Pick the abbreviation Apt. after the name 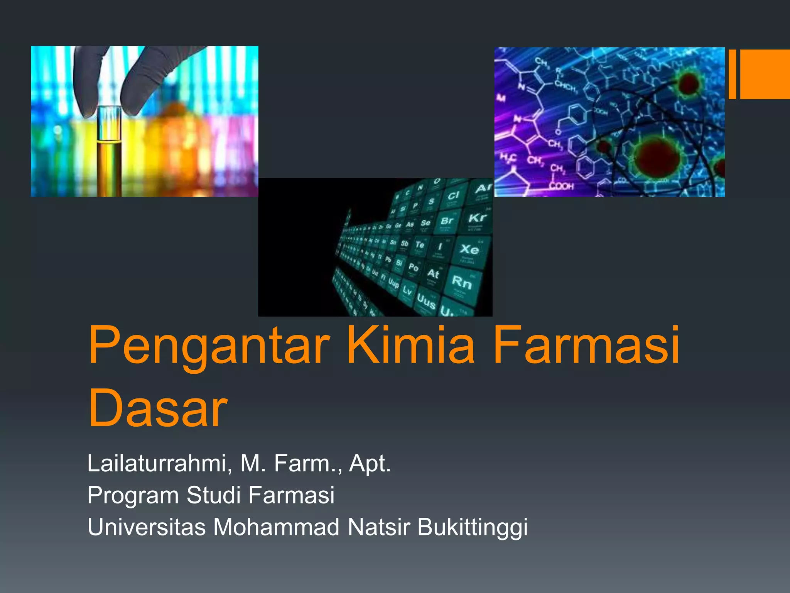(x=370, y=464)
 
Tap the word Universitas (x=147, y=527)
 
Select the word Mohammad (x=276, y=527)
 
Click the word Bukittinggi (x=472, y=528)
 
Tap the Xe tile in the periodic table (x=469, y=250)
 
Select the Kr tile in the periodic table (x=477, y=218)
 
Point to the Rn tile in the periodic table (x=462, y=283)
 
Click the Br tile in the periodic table (x=447, y=221)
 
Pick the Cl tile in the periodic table (x=453, y=196)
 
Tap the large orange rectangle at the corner (x=765, y=74)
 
